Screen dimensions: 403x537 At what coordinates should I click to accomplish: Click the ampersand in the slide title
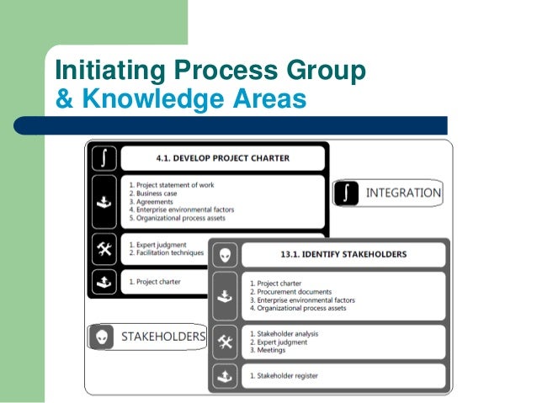[62, 99]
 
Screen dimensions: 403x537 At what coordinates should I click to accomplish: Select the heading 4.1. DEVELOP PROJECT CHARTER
[222, 157]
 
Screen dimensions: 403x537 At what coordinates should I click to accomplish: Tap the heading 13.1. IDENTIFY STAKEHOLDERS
[343, 253]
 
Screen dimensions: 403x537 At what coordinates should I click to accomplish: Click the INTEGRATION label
[403, 193]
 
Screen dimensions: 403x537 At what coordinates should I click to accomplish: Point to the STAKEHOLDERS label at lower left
[163, 337]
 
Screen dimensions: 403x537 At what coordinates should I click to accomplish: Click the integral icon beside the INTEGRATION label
[348, 193]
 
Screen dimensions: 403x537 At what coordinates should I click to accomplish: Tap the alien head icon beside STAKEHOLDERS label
[102, 337]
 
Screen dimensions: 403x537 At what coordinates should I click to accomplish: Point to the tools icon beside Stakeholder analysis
[224, 341]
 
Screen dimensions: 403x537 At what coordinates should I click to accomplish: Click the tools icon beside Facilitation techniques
[104, 248]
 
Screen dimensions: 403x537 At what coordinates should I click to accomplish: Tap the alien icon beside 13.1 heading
[224, 253]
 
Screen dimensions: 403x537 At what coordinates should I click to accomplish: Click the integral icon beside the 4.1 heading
[104, 157]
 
